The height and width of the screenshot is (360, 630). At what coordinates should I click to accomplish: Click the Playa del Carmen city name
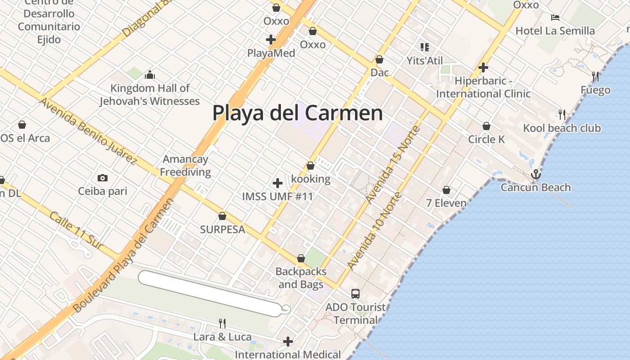(x=297, y=112)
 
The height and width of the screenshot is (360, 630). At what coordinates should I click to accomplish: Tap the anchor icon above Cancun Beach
(x=535, y=174)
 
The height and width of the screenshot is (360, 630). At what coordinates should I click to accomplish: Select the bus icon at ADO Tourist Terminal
(x=355, y=294)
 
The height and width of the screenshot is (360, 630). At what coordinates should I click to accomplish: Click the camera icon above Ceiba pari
(x=103, y=178)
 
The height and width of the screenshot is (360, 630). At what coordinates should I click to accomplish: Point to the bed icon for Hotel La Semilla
(x=555, y=18)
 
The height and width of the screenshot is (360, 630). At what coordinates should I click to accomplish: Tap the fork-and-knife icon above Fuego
(x=595, y=76)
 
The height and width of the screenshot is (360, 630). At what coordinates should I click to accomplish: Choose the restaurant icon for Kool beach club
(x=562, y=115)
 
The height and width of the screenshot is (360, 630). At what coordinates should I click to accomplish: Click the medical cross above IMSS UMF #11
(x=278, y=183)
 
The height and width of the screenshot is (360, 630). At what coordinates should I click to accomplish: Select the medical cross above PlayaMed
(x=271, y=40)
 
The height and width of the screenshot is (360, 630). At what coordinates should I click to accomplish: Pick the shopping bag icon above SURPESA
(x=222, y=216)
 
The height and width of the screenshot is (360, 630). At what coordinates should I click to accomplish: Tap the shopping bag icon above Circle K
(x=486, y=126)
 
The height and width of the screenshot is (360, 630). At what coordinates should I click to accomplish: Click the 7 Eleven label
(x=446, y=203)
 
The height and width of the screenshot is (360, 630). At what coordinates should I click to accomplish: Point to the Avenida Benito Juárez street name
(x=88, y=130)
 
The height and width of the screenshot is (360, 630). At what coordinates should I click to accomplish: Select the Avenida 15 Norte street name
(x=393, y=164)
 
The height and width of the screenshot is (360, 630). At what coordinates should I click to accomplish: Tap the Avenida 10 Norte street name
(x=374, y=231)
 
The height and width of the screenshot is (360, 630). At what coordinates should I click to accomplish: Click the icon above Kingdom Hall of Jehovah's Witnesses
(x=150, y=74)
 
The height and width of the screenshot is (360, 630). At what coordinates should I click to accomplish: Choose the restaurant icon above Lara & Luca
(x=222, y=323)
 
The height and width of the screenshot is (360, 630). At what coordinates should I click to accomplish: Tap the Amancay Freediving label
(x=185, y=166)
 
